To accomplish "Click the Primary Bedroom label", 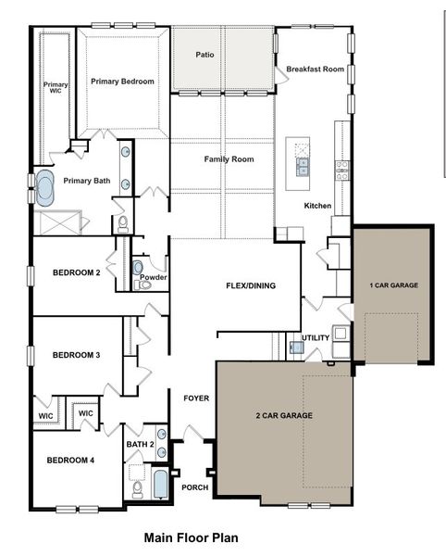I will coord(122,82).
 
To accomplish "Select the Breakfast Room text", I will coord(315,69).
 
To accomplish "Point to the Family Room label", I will coord(229,159).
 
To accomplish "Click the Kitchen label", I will coord(317,205).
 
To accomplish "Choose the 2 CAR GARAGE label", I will coord(283,415).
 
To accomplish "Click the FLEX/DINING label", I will coord(252,285).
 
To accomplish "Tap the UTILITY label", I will coord(316,337).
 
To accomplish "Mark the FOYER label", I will coord(196,398).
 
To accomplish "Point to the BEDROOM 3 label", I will coord(76,355).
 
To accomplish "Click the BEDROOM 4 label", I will coord(70,461).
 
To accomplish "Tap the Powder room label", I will coord(154,277).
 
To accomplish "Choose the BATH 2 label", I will coord(140,445).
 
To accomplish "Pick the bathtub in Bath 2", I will coord(160,486).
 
